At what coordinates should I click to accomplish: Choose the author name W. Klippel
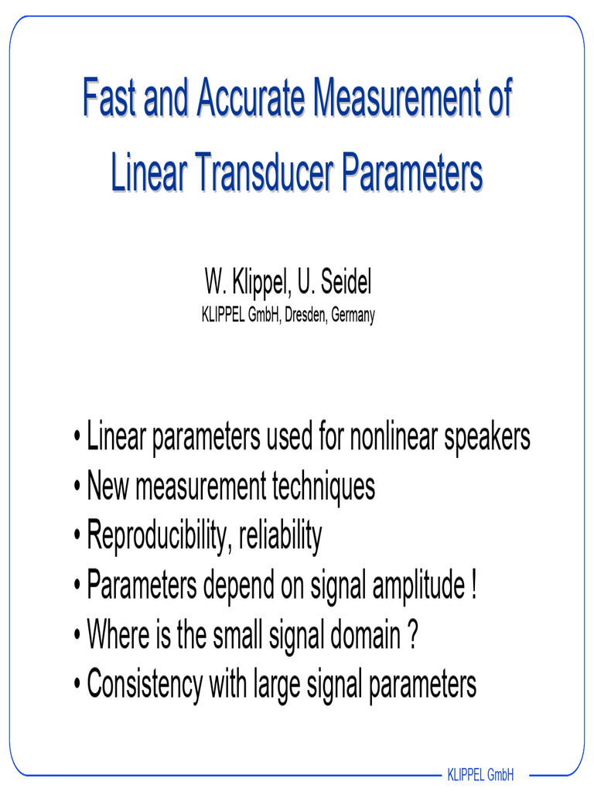coord(247,283)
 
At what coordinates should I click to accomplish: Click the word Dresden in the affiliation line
coord(308,316)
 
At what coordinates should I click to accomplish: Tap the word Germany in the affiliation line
coord(354,316)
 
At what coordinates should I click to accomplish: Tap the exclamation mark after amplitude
coord(472,585)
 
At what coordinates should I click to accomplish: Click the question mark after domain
coord(413,635)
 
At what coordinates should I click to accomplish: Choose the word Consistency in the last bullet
coord(145,684)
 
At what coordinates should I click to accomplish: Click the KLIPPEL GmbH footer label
coord(481,775)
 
